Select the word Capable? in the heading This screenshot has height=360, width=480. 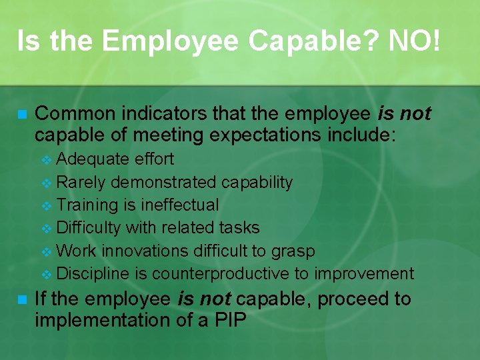point(312,41)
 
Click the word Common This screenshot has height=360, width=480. point(72,114)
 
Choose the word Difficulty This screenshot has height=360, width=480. point(89,227)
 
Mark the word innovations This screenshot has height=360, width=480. point(147,251)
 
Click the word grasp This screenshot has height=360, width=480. point(293,251)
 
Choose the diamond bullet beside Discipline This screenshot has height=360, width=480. point(46,274)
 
